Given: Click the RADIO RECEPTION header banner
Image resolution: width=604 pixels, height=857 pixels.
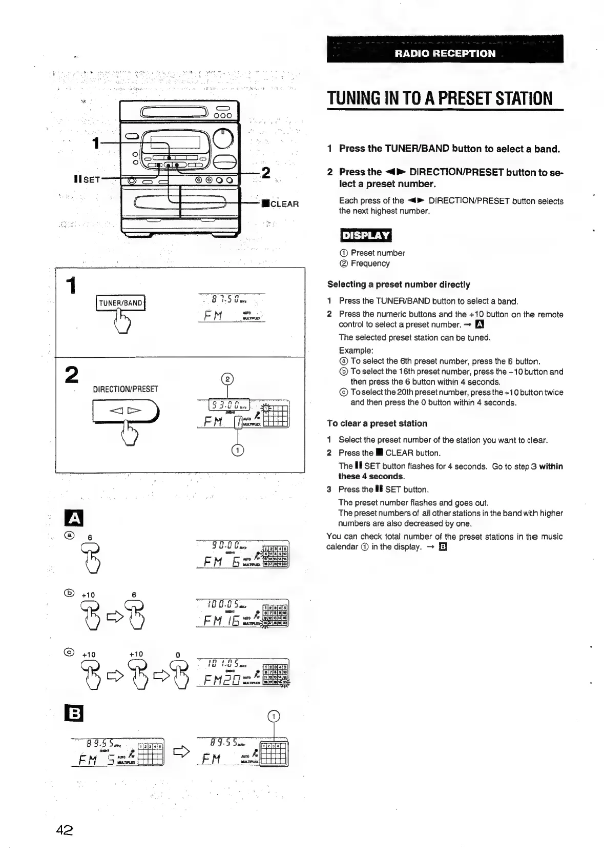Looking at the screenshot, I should click(x=445, y=53).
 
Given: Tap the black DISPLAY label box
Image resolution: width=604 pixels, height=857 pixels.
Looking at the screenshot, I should click(x=365, y=235).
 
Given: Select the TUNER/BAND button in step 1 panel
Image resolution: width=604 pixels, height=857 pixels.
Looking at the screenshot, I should click(x=120, y=303).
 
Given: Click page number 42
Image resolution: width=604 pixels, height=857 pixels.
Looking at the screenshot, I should click(x=65, y=830).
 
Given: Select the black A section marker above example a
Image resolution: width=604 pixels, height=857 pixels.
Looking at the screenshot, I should click(x=74, y=519).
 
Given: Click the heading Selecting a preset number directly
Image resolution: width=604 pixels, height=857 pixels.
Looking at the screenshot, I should click(x=399, y=284).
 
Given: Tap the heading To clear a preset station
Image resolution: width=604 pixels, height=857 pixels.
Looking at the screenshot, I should click(x=377, y=423).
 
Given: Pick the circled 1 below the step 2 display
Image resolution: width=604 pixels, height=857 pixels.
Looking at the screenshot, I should click(x=238, y=450).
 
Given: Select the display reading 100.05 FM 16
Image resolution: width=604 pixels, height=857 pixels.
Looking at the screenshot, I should click(x=242, y=614).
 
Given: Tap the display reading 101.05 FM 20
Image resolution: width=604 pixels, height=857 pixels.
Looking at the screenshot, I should click(x=242, y=672).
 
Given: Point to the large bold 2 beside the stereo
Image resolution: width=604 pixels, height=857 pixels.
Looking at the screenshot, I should click(x=266, y=173).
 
